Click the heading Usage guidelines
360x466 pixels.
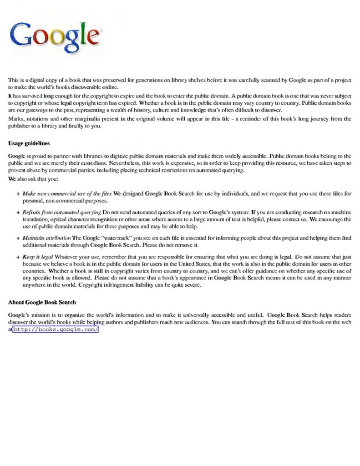click(x=29, y=143)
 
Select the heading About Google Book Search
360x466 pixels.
click(x=42, y=302)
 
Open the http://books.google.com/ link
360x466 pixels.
click(x=55, y=329)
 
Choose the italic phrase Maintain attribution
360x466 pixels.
click(x=47, y=238)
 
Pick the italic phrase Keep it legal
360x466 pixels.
click(x=38, y=257)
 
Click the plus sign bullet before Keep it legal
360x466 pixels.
click(x=17, y=257)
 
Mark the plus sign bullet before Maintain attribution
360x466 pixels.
click(x=17, y=238)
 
